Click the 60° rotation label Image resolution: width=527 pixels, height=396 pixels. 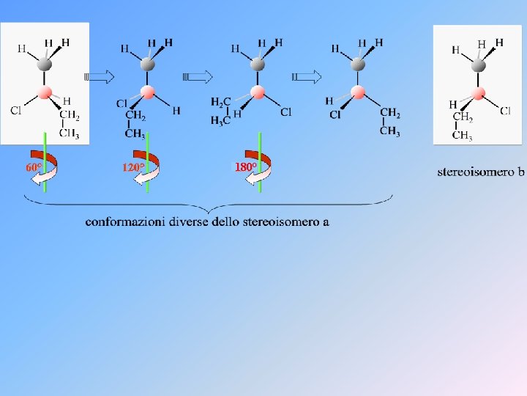click(x=34, y=167)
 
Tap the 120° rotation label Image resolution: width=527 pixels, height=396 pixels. click(x=133, y=167)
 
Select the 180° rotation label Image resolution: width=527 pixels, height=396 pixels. click(x=245, y=167)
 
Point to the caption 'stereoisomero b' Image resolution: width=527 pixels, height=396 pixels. click(x=481, y=172)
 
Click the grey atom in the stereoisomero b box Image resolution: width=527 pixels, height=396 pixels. click(x=478, y=65)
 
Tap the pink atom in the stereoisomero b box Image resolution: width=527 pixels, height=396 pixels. click(x=478, y=93)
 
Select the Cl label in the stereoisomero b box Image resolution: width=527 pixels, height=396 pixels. click(x=505, y=111)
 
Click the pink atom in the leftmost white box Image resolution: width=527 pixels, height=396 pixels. click(x=45, y=92)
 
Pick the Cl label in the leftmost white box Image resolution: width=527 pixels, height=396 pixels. click(x=16, y=110)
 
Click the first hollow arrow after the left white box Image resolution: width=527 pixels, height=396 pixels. click(x=99, y=77)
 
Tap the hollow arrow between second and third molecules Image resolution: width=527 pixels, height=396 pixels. click(x=198, y=77)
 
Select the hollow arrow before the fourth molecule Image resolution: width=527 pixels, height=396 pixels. click(x=306, y=77)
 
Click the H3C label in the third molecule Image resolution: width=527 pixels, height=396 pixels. click(x=220, y=120)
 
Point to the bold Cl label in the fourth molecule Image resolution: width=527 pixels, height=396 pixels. click(x=335, y=115)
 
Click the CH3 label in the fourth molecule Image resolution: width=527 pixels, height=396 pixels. click(x=390, y=131)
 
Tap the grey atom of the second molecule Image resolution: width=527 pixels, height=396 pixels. click(x=147, y=64)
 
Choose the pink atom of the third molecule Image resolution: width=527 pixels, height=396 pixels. click(x=258, y=92)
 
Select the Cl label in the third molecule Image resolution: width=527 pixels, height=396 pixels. click(x=286, y=112)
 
